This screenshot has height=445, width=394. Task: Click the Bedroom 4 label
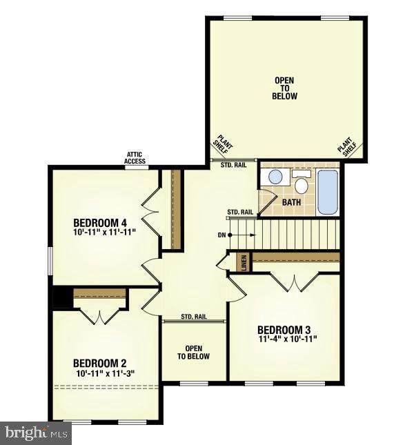coord(100,223)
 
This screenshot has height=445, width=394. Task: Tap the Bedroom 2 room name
coord(100,364)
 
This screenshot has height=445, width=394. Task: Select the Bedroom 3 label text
coord(284,329)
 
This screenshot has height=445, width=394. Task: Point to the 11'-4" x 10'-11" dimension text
coord(287,339)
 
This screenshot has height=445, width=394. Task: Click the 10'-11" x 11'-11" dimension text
coord(104,233)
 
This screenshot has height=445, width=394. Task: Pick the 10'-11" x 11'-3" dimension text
coord(106,373)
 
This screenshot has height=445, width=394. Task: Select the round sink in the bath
coord(275,177)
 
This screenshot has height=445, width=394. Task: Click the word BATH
coord(292,202)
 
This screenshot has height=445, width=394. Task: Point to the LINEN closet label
coord(242,263)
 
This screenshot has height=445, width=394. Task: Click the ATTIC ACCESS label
coord(135,158)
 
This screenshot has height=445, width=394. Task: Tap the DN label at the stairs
coord(221,235)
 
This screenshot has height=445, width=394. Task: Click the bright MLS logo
coord(36,433)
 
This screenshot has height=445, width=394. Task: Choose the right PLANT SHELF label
coord(346,146)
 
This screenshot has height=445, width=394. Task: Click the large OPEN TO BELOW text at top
coord(284,88)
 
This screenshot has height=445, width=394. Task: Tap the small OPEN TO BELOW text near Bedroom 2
coord(193,353)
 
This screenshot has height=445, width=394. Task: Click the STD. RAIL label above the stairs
coord(240,212)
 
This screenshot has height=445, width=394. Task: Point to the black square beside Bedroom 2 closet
coord(61,297)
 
